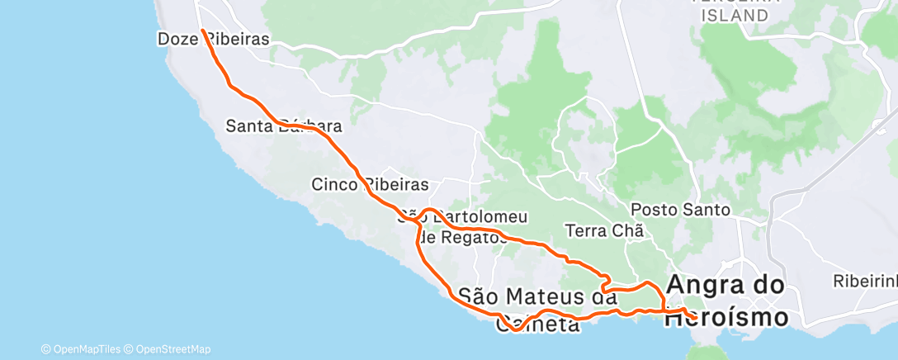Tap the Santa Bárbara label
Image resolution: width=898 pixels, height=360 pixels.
click(x=284, y=127)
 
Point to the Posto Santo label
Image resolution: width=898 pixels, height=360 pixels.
click(x=680, y=210)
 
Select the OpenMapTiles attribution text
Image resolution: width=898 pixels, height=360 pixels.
click(x=85, y=349)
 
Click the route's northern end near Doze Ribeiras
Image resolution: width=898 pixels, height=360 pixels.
click(x=202, y=31)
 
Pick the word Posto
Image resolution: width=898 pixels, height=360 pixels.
click(x=652, y=210)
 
